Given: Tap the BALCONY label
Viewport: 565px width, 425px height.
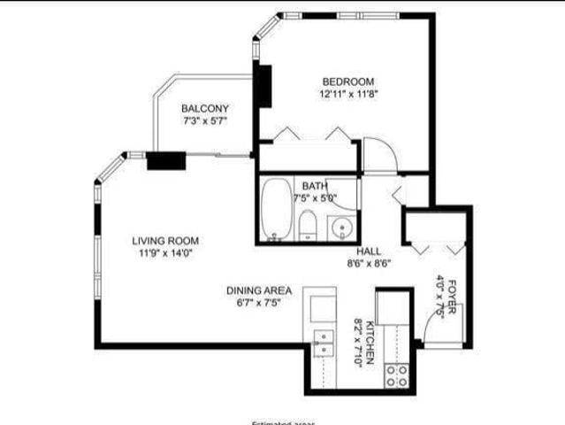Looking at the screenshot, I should tap(205, 108).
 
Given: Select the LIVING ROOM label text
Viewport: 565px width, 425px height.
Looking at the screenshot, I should tap(165, 241).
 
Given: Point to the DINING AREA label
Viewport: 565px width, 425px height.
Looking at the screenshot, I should tap(259, 290).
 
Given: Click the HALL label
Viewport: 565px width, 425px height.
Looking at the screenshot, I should tap(370, 251).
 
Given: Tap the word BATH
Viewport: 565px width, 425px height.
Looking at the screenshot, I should tap(315, 186).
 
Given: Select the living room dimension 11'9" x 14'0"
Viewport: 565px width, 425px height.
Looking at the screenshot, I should tap(165, 253).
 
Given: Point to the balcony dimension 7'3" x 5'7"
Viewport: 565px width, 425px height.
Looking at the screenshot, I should tap(205, 120).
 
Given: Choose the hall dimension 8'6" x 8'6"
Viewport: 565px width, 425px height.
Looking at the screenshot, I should tap(370, 263).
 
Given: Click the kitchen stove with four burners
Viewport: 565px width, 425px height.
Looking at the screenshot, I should tap(396, 375).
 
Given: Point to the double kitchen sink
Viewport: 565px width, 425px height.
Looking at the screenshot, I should tap(324, 342).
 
